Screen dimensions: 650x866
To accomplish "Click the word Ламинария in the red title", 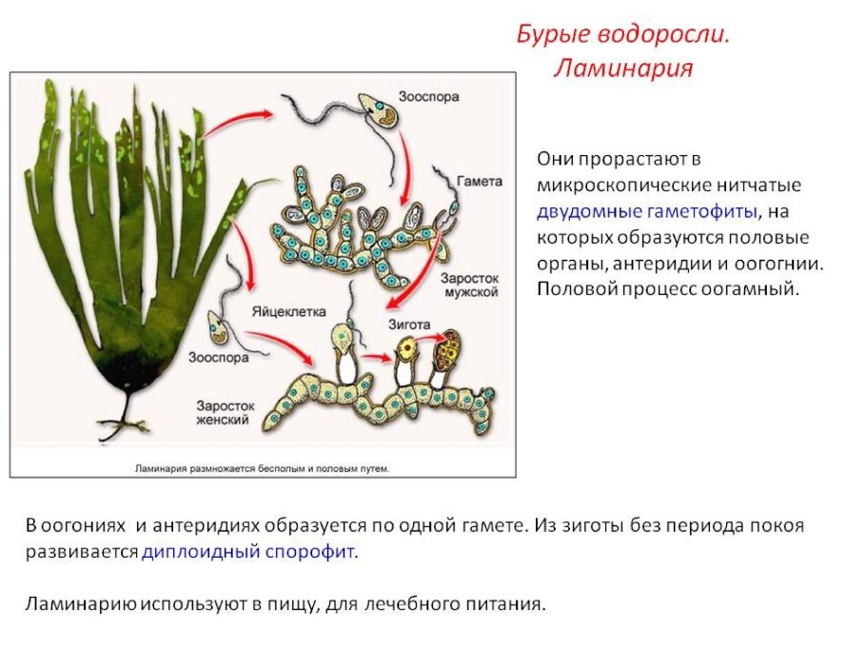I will pos(622,69).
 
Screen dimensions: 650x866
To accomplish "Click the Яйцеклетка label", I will pos(288,312).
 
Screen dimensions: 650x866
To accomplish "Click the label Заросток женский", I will pos(223,411).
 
